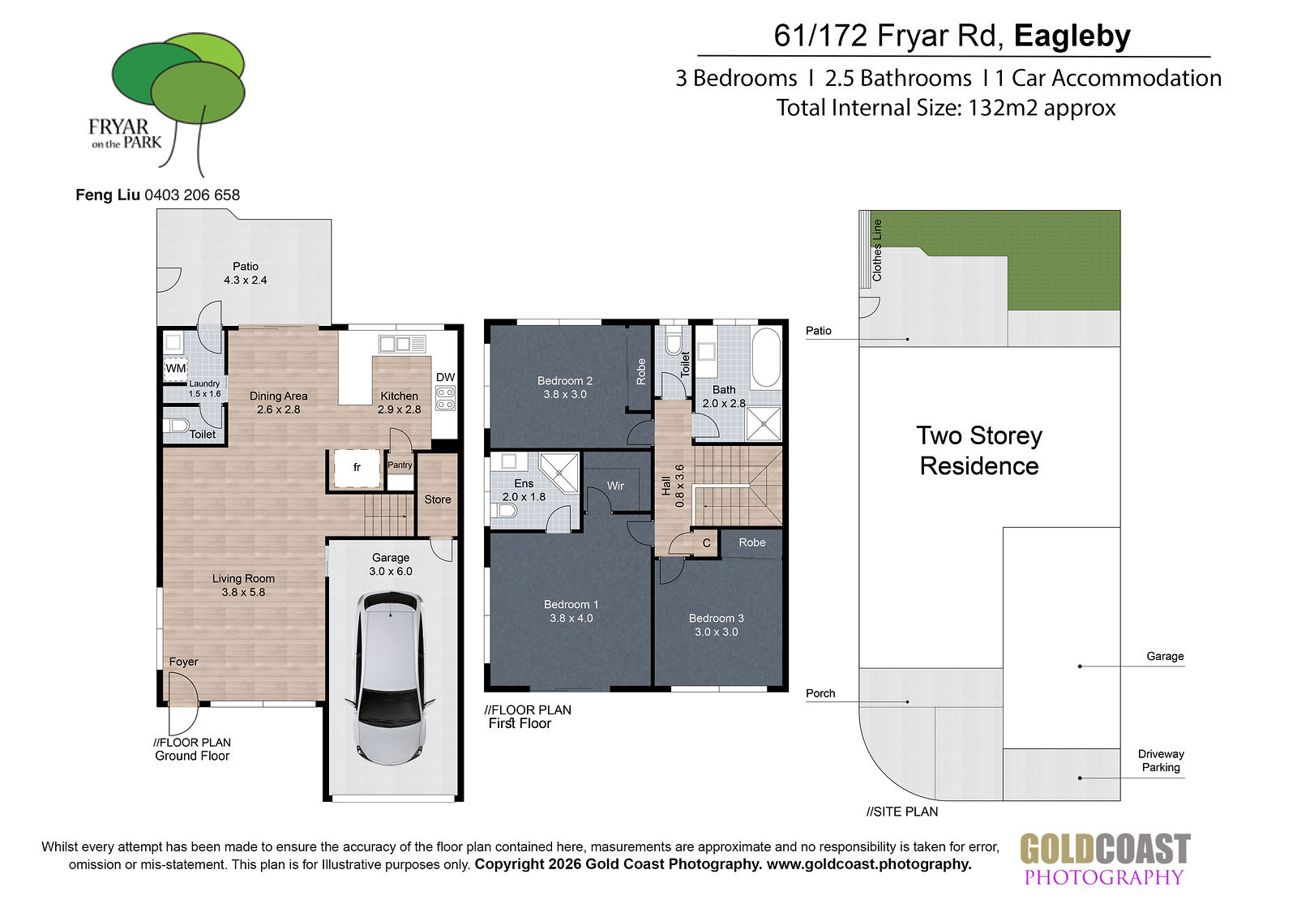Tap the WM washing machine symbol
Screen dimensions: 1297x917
click(x=175, y=369)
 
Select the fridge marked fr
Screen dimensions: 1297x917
click(x=357, y=468)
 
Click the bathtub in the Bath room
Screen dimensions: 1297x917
click(x=765, y=358)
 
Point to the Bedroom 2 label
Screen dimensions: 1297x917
click(x=564, y=380)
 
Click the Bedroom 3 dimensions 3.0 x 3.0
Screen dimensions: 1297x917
click(x=717, y=632)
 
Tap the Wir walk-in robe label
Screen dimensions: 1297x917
click(x=615, y=486)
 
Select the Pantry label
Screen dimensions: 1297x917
click(x=400, y=465)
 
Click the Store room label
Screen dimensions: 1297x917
click(x=437, y=499)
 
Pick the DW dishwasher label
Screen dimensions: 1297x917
click(x=445, y=377)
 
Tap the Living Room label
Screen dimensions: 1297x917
click(x=243, y=578)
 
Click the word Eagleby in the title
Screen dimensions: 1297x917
click(x=1072, y=36)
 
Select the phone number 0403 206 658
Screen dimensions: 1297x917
click(x=192, y=195)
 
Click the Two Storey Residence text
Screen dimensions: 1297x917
click(x=979, y=451)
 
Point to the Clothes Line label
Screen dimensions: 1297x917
click(x=876, y=251)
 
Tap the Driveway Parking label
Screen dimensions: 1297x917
click(x=1161, y=761)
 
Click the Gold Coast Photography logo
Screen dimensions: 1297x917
click(x=1104, y=859)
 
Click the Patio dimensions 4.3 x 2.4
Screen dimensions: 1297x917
click(x=246, y=281)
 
